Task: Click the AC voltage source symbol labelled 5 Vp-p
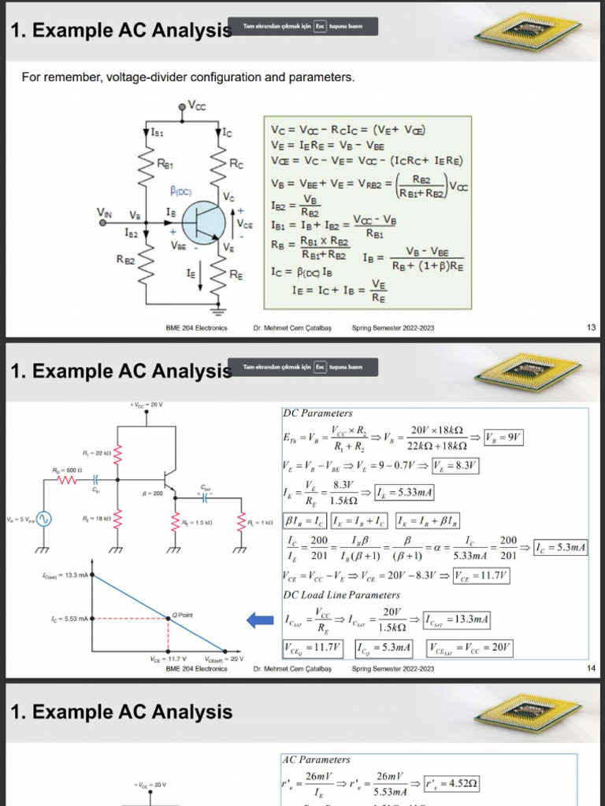[x=40, y=519]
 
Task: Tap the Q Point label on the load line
[x=183, y=614]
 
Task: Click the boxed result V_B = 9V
[x=505, y=438]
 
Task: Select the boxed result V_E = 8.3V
[x=456, y=466]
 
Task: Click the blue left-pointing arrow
[x=260, y=621]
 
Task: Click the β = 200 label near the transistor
[x=152, y=493]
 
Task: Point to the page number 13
[x=591, y=327]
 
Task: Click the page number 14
[x=591, y=668]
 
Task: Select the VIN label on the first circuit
[x=105, y=212]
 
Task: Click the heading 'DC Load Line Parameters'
[x=341, y=595]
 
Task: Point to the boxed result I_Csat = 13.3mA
[x=456, y=621]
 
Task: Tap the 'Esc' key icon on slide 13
[x=319, y=27]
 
